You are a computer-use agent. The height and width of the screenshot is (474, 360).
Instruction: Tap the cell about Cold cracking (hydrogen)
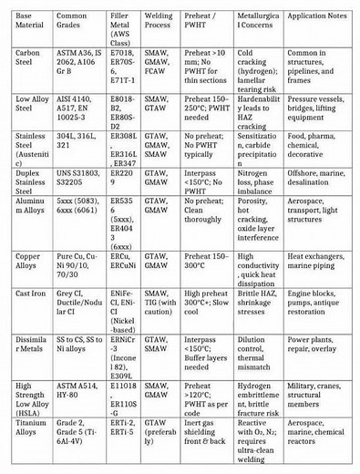257,70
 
